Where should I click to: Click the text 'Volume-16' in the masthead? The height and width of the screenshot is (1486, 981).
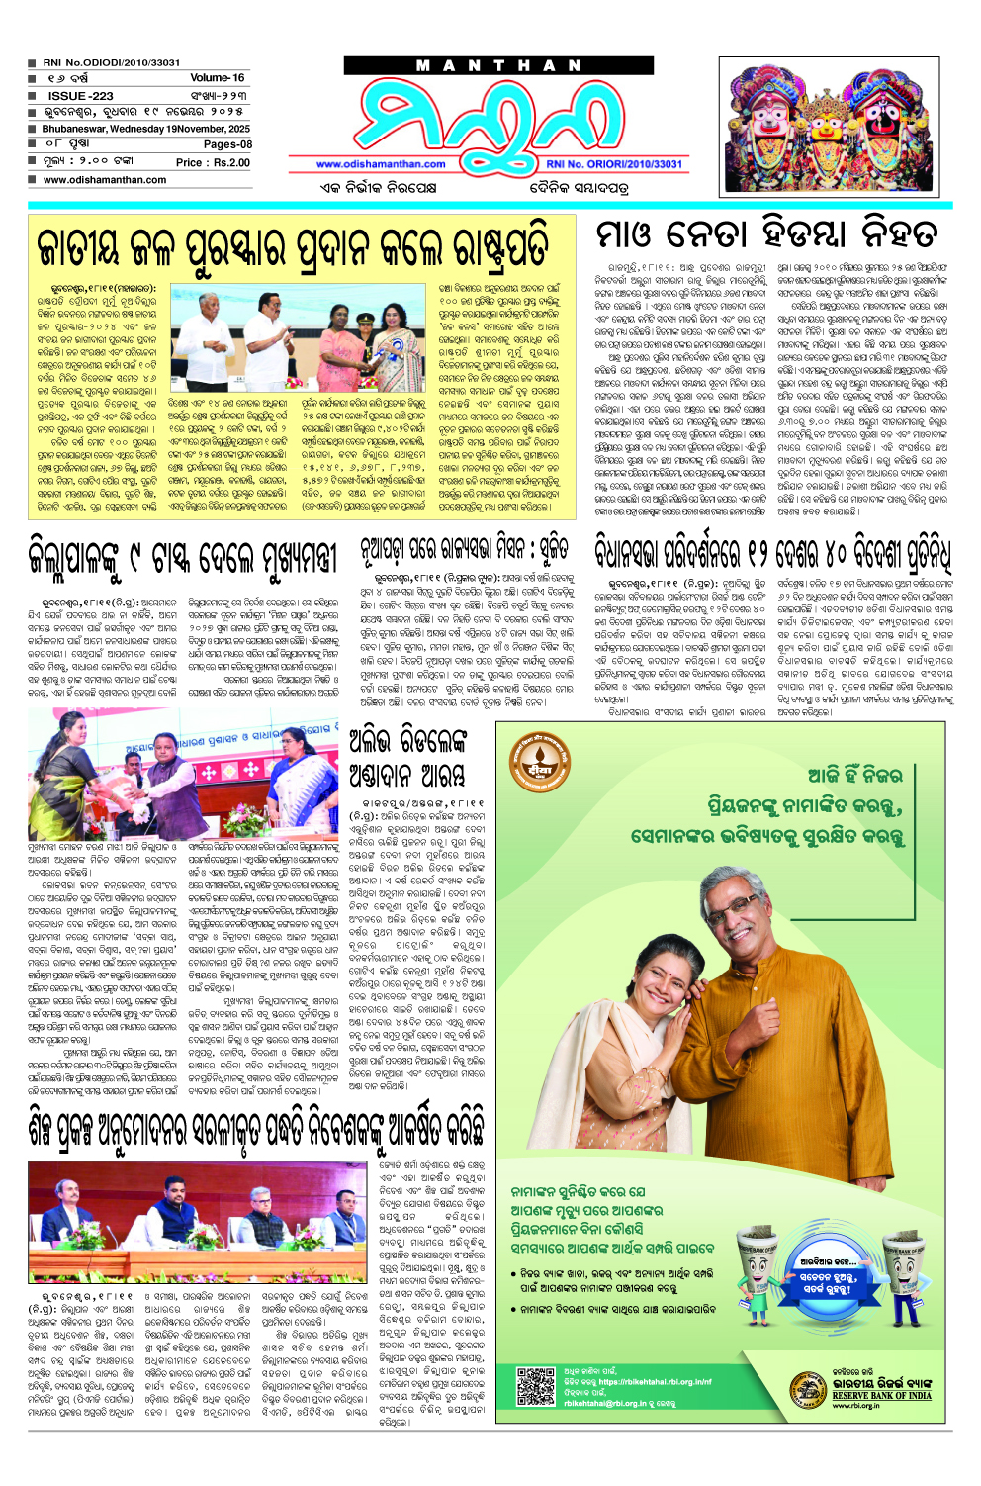click(217, 77)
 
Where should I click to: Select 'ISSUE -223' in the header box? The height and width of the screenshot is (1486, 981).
click(80, 96)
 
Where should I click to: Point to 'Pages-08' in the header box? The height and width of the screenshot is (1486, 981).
click(227, 144)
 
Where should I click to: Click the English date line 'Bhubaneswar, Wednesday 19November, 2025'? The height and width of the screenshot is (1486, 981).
click(145, 129)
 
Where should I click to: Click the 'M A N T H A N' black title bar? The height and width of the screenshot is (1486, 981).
click(498, 66)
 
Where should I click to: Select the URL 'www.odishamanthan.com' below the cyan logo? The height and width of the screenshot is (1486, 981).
click(381, 164)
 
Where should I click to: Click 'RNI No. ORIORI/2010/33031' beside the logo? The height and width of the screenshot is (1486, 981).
click(614, 164)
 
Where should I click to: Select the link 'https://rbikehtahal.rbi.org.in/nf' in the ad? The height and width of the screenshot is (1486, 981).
click(654, 1382)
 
